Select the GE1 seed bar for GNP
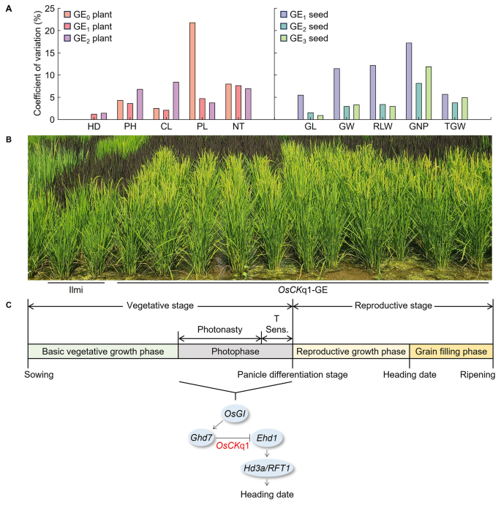(409, 81)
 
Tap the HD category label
(94, 127)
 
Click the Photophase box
(234, 352)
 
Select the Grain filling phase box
(451, 352)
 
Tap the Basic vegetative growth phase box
(102, 352)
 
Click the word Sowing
(39, 375)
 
